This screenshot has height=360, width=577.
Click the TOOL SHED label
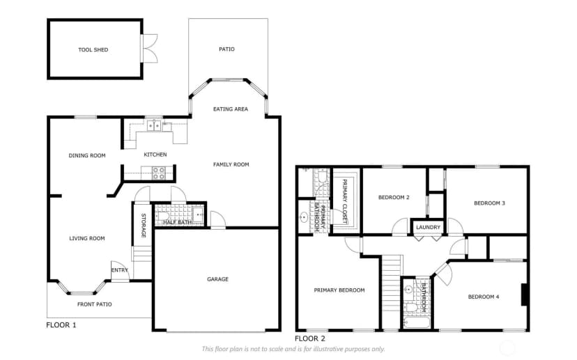tap(93, 49)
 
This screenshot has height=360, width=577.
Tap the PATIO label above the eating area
tap(226, 49)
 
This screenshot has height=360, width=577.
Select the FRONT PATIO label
tap(95, 304)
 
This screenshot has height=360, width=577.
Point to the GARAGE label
tap(218, 279)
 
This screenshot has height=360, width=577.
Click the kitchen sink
tap(154, 126)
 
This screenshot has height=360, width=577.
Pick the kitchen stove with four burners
tap(159, 173)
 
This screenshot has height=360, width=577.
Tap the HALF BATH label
tap(178, 222)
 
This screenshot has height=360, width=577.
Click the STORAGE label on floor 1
tap(144, 226)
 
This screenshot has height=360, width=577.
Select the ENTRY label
tap(120, 270)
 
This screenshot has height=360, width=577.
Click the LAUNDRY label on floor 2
tap(428, 227)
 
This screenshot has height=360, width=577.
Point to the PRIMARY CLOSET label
tap(345, 201)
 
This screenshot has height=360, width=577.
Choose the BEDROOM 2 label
tap(394, 198)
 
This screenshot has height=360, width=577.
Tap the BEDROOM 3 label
tap(489, 203)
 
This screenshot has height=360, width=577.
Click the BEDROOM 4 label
tap(484, 297)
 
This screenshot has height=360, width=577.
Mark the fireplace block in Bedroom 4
tap(525, 295)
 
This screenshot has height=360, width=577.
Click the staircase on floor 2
tap(391, 292)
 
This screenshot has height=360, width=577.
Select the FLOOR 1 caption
tap(61, 325)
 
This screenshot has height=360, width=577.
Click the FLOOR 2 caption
tap(310, 338)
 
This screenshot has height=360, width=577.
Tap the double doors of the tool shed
tap(149, 48)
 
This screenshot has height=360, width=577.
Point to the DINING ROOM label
tap(87, 155)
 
